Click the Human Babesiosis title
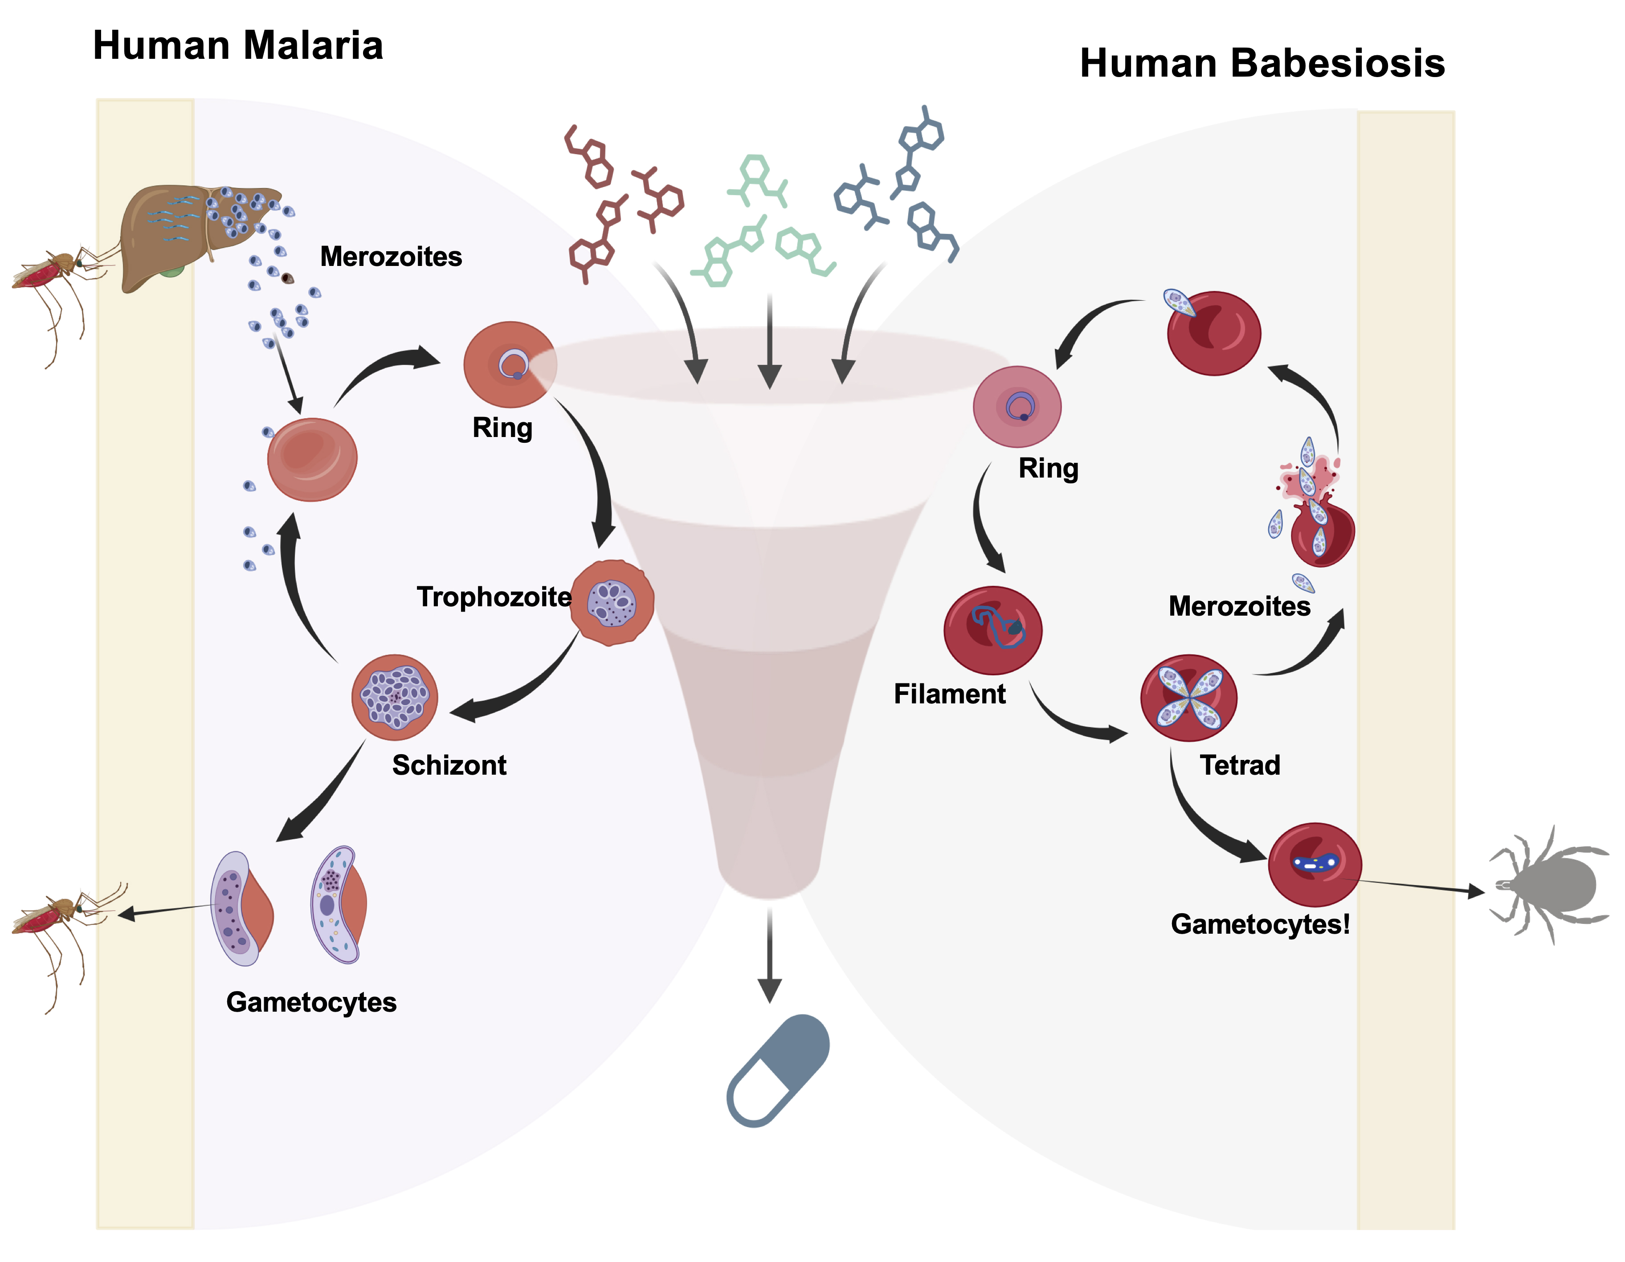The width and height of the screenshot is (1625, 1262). pos(1262,63)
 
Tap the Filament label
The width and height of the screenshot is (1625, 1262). pos(949,694)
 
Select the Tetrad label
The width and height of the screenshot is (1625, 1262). pos(1240,765)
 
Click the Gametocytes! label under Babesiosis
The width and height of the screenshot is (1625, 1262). pos(1260,924)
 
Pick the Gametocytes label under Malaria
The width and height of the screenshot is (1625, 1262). pos(311,1002)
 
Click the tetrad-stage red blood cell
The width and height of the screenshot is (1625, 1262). pos(1188,698)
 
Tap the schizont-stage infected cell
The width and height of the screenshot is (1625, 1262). pos(394,697)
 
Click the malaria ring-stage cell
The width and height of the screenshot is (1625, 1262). pos(510,364)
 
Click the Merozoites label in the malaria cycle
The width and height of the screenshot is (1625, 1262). pos(391,257)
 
